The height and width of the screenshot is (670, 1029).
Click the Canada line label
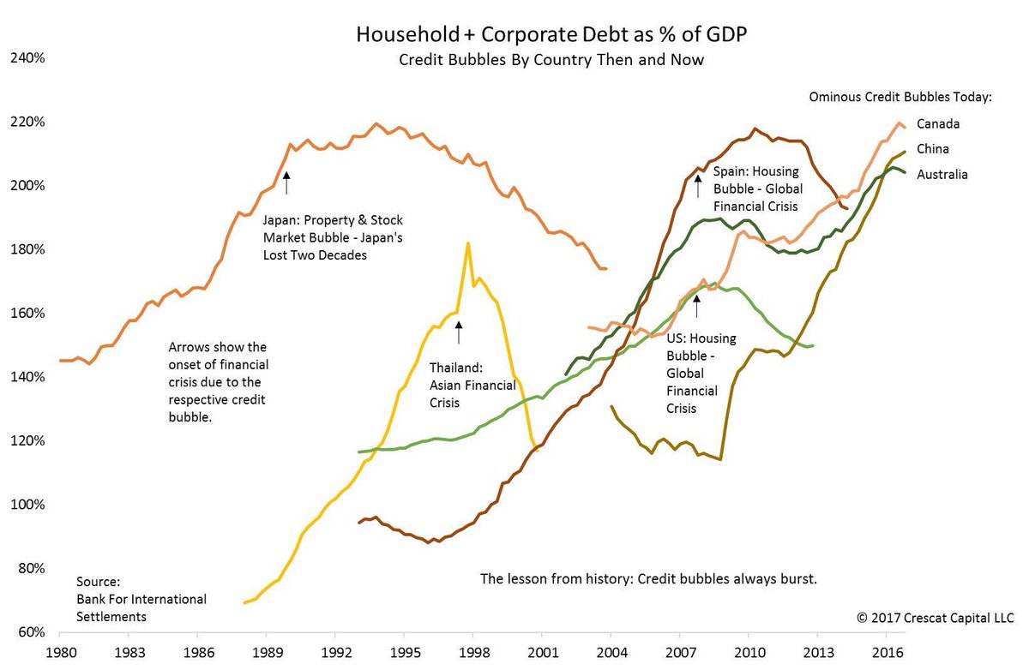(x=937, y=123)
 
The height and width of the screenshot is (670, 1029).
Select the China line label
(x=933, y=149)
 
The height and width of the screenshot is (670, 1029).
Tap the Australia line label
(x=942, y=175)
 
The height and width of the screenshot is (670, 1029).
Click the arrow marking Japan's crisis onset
(x=287, y=182)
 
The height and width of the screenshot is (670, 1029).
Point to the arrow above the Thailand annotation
(x=459, y=332)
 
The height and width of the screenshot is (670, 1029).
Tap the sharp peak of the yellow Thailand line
(x=467, y=243)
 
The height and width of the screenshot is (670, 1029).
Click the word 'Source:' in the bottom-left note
(x=99, y=581)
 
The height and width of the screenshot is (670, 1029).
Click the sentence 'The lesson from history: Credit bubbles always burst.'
(x=649, y=579)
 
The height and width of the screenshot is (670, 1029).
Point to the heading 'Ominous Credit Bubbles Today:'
(x=900, y=97)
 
